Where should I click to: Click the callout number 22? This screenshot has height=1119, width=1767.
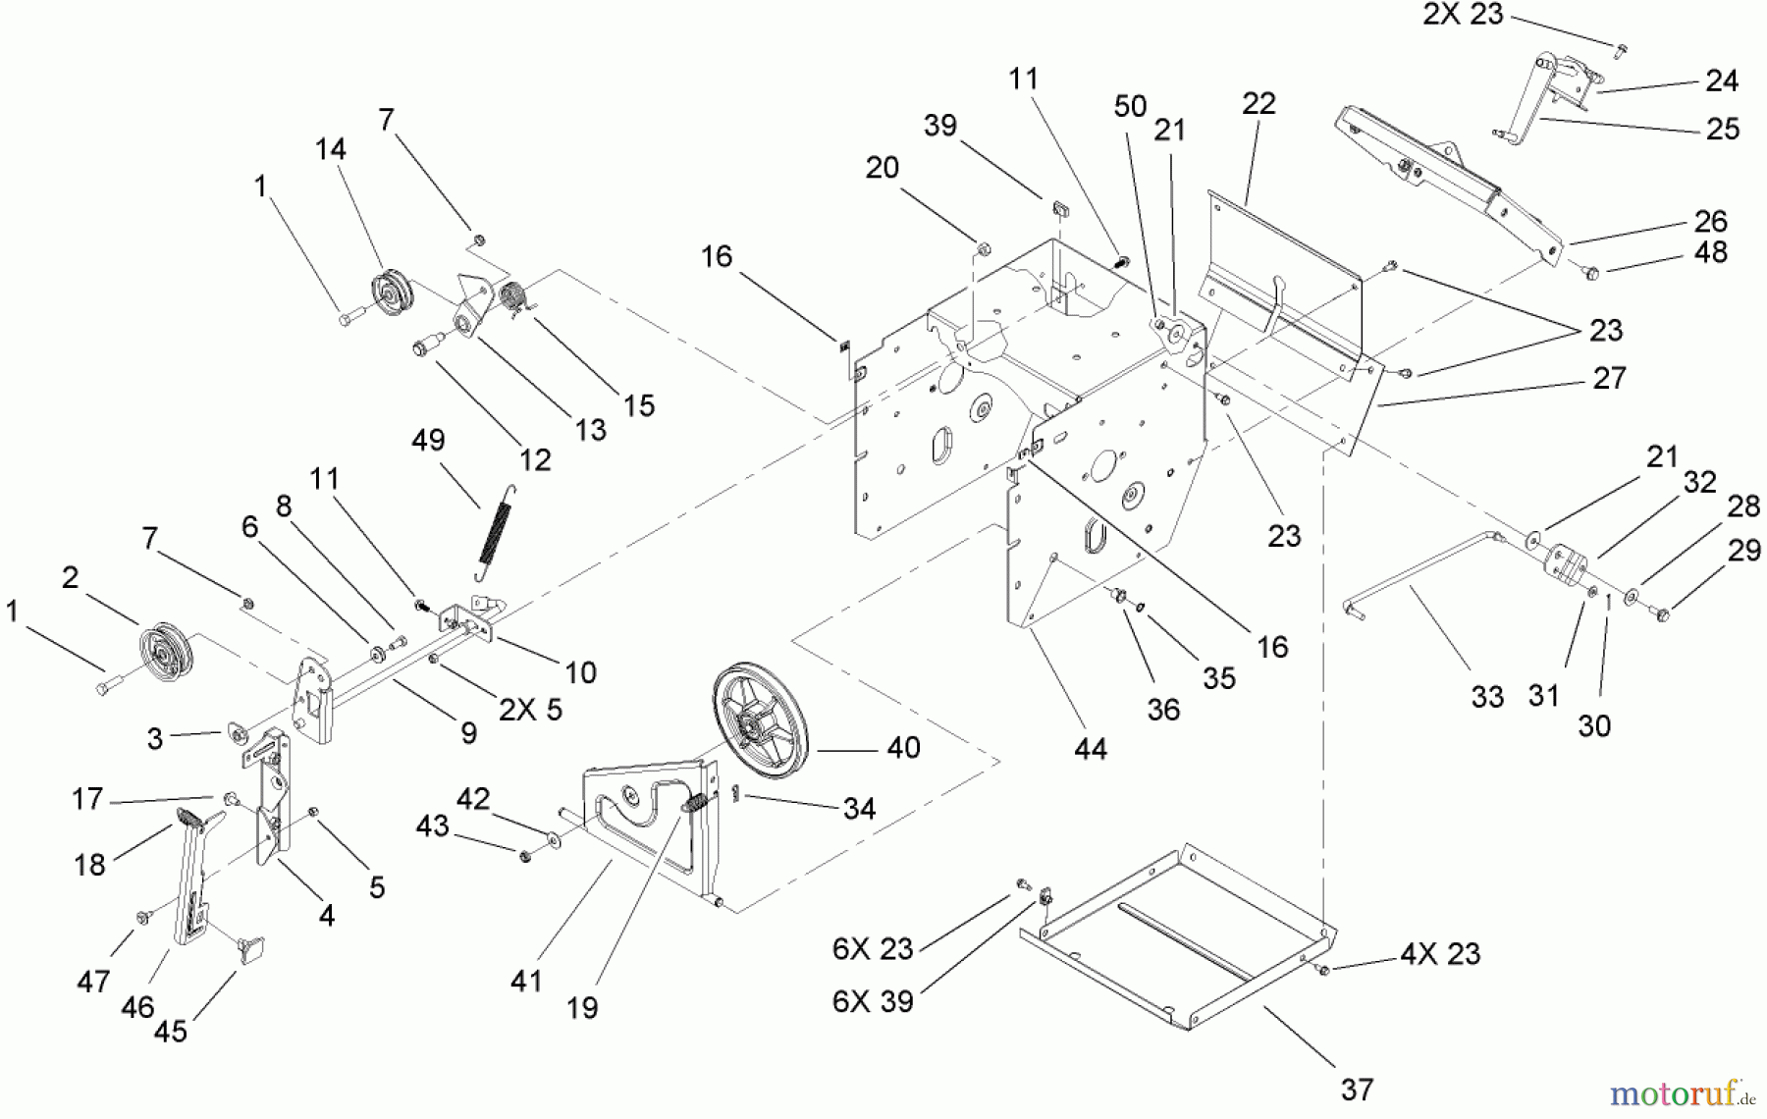coord(1258,104)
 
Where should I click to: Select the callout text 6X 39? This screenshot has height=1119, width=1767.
coord(873,1001)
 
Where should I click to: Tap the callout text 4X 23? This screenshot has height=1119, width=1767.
coord(1439,954)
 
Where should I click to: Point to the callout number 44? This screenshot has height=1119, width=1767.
coord(1091,749)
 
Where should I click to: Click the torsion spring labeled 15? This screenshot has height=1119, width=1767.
coord(514,295)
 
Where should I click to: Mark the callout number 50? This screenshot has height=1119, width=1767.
coord(1130,106)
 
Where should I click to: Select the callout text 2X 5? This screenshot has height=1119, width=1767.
coord(530,710)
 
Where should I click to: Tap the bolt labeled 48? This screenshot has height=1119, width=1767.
coord(1592,274)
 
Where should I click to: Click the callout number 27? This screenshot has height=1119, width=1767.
coord(1610,378)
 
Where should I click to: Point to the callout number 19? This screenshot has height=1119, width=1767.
coord(582,1007)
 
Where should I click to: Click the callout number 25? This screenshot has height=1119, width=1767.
coord(1723,130)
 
